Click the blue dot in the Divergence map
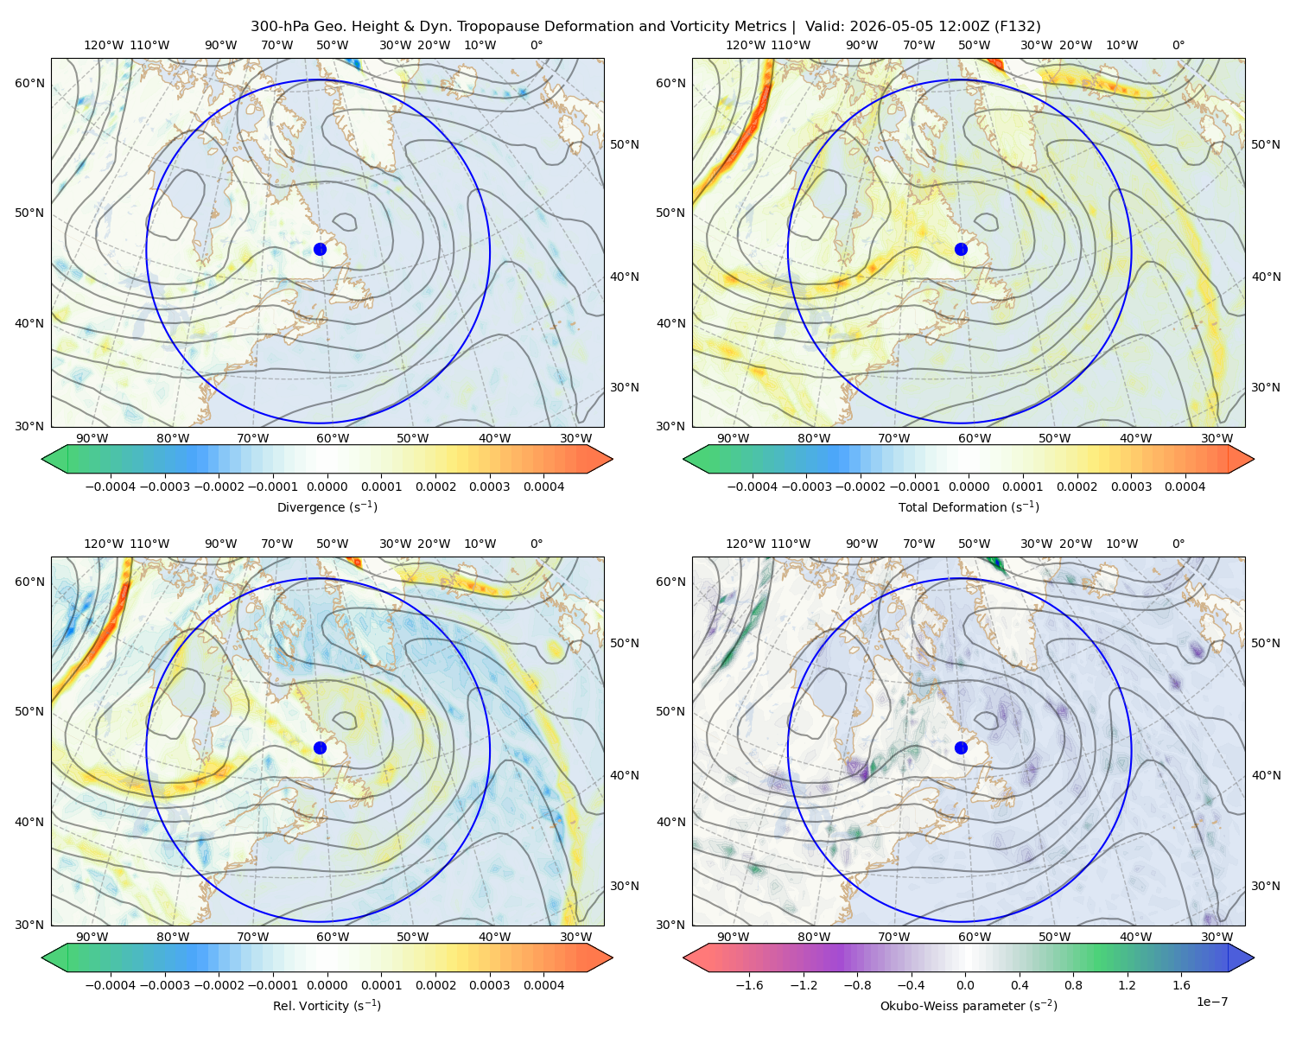[x=320, y=249]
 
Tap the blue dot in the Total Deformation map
[x=961, y=249]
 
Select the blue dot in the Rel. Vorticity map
[x=320, y=748]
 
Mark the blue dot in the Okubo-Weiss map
[x=961, y=748]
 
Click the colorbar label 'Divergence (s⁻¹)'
[x=327, y=506]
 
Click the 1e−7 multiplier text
[x=1211, y=1002]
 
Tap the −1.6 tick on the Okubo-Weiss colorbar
[x=749, y=985]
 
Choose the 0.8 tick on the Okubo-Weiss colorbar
[x=1073, y=985]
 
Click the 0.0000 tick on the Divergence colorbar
[x=327, y=487]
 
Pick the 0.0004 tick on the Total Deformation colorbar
[x=1185, y=487]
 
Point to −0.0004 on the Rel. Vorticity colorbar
[x=111, y=985]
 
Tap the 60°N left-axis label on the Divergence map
[x=29, y=83]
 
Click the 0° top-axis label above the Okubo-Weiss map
[x=1178, y=544]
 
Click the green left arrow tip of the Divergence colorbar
[x=43, y=459]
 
